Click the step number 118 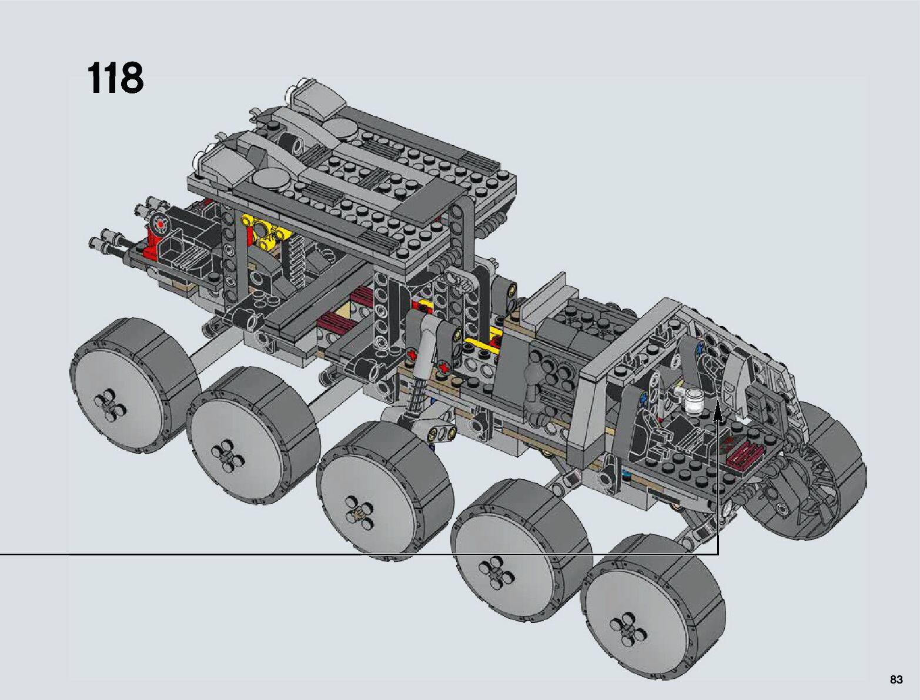pyautogui.click(x=115, y=78)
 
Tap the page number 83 pyautogui.click(x=896, y=679)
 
